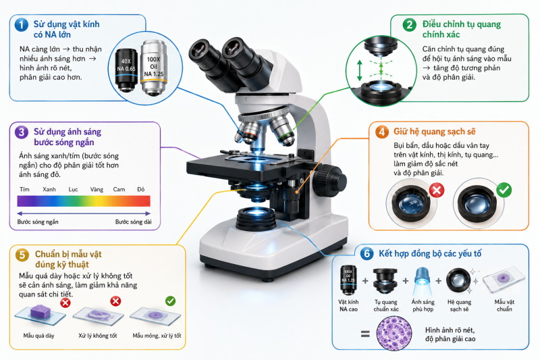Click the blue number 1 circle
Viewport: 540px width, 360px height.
pyautogui.click(x=22, y=25)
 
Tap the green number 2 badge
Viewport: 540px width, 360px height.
pyautogui.click(x=410, y=25)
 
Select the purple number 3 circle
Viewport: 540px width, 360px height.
pyautogui.click(x=22, y=132)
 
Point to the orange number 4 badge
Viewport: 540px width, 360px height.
pyautogui.click(x=381, y=132)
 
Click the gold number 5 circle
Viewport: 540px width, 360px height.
pyautogui.click(x=22, y=255)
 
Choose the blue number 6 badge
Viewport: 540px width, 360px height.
pyautogui.click(x=367, y=254)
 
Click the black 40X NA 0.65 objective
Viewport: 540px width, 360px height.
pyautogui.click(x=126, y=70)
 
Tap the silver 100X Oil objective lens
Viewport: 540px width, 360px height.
pyautogui.click(x=154, y=68)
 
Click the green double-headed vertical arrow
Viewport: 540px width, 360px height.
pyautogui.click(x=360, y=70)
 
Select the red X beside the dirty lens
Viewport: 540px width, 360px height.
pyautogui.click(x=437, y=190)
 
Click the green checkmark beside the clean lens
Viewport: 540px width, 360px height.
pyautogui.click(x=504, y=190)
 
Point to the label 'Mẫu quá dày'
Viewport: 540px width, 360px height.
pyautogui.click(x=39, y=336)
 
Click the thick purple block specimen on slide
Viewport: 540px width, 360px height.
pyautogui.click(x=40, y=311)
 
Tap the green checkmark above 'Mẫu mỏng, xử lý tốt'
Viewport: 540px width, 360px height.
pyautogui.click(x=171, y=301)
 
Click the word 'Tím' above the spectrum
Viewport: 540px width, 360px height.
pyautogui.click(x=24, y=190)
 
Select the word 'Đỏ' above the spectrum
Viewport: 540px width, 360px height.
pyautogui.click(x=141, y=190)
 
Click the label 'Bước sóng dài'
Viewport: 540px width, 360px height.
pyautogui.click(x=133, y=222)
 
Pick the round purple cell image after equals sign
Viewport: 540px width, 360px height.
pyautogui.click(x=394, y=333)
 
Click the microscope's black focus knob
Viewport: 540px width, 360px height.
pyautogui.click(x=329, y=179)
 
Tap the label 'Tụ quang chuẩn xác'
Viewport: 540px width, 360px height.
pyautogui.click(x=386, y=305)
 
